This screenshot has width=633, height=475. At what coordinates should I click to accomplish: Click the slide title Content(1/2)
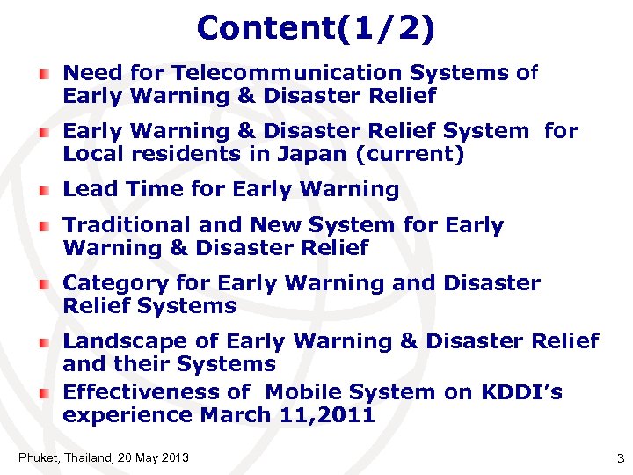coord(316,28)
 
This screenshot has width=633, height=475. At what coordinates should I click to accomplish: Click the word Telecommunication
coord(340,73)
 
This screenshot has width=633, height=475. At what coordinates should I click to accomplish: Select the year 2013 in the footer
coord(175,457)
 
